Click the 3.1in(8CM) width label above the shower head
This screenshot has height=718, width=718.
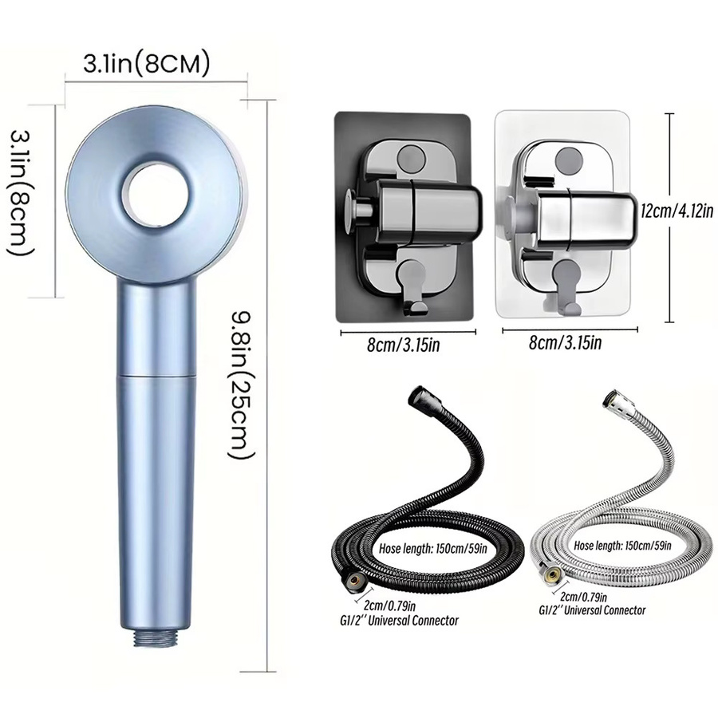coord(146,64)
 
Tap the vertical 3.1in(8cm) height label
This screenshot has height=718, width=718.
coord(22,193)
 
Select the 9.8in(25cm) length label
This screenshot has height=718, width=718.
coord(241,384)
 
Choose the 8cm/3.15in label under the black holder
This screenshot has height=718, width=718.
coord(403,345)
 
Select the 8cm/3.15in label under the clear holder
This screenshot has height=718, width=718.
coord(565,342)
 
